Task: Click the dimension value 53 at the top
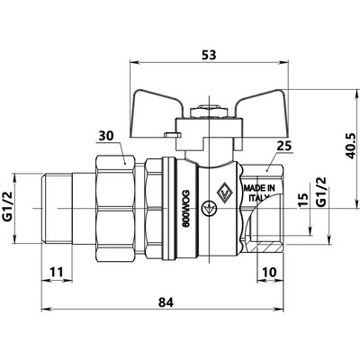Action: (x=209, y=55)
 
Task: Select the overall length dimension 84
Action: (x=166, y=302)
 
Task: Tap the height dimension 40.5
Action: (x=350, y=146)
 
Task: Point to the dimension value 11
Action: (x=57, y=272)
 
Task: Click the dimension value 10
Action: (x=269, y=272)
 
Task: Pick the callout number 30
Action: (x=106, y=136)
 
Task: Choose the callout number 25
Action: (x=284, y=146)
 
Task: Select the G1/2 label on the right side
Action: (x=321, y=192)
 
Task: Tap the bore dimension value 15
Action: (x=303, y=201)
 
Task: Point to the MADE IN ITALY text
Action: (x=259, y=193)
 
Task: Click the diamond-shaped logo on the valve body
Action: (x=223, y=192)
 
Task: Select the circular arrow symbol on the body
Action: (x=208, y=208)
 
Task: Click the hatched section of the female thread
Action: (x=268, y=247)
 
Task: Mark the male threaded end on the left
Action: (x=57, y=208)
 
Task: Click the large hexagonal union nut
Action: (x=115, y=208)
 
